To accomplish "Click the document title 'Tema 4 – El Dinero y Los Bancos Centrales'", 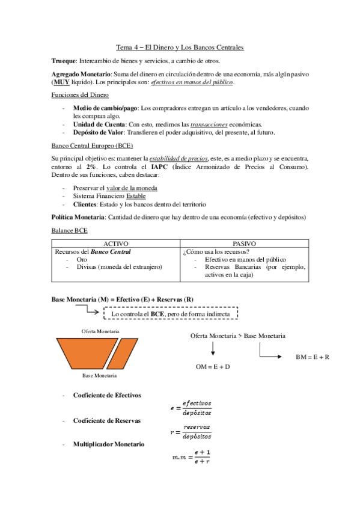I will tap(180, 48).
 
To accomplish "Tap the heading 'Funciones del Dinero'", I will tap(80, 95).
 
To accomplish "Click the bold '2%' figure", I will tap(92, 166).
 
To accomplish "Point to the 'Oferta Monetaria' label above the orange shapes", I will tap(100, 331).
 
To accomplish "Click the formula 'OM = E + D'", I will tap(213, 366).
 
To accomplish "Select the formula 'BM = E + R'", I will tap(313, 357).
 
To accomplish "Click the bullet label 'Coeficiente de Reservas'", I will tap(107, 420).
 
